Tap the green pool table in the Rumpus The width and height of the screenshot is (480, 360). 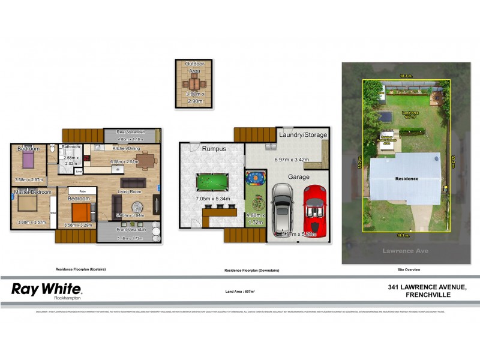(x=212, y=181)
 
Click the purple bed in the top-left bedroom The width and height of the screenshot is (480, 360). (x=28, y=160)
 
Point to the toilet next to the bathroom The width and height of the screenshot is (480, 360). (x=53, y=148)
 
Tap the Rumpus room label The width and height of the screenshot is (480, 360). (x=214, y=148)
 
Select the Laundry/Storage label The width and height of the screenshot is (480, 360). (x=303, y=135)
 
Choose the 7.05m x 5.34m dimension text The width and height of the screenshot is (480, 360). (x=214, y=199)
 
